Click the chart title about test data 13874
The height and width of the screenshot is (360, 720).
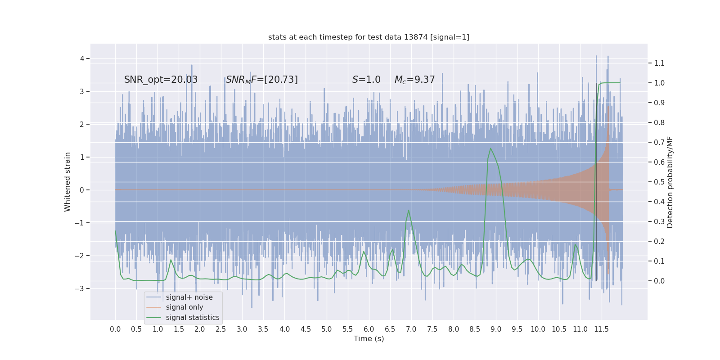(369, 37)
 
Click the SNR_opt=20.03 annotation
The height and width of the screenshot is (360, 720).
(161, 80)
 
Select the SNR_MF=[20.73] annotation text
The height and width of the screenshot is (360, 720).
(261, 80)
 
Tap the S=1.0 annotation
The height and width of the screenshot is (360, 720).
(366, 80)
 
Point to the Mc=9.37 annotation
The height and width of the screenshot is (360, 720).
(414, 80)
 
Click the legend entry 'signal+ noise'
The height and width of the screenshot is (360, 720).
(189, 297)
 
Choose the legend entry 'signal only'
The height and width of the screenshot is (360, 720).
(184, 307)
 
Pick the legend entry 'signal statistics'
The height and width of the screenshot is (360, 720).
(193, 318)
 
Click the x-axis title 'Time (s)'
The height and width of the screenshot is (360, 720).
(369, 338)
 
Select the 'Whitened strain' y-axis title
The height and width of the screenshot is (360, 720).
(67, 182)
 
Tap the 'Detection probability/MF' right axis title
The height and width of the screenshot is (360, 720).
(670, 182)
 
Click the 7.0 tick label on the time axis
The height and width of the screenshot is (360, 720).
(411, 329)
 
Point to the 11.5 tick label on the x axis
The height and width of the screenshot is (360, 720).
(601, 329)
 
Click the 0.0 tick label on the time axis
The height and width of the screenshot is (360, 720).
(115, 329)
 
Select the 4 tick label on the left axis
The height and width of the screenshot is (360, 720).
(82, 58)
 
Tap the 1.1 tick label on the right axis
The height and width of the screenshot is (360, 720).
(659, 63)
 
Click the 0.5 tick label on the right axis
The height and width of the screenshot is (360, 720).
(659, 182)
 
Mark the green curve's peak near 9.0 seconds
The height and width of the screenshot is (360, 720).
(490, 148)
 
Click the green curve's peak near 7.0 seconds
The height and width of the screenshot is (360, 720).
(409, 210)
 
